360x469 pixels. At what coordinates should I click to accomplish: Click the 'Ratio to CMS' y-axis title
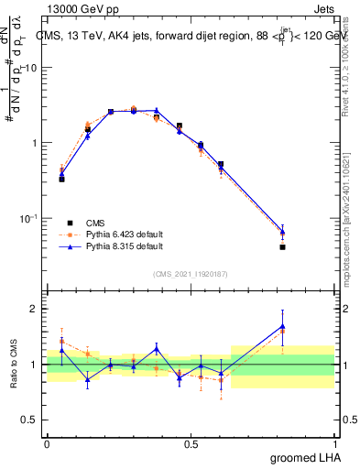tap(14, 365)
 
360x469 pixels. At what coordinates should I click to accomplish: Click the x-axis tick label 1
tap(339, 443)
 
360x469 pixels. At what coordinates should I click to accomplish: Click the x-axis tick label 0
tap(47, 443)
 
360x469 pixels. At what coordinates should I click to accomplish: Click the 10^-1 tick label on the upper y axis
tap(28, 218)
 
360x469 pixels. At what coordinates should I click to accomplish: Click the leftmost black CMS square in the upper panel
tap(61, 179)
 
